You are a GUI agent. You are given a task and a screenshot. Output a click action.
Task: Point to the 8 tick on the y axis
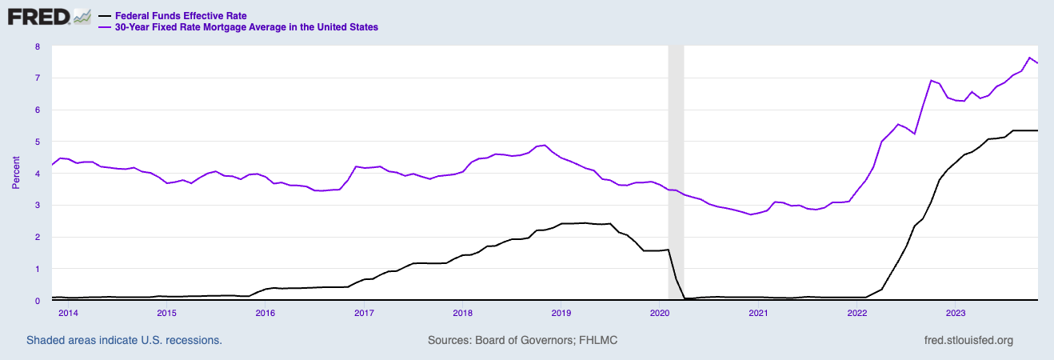(x=37, y=46)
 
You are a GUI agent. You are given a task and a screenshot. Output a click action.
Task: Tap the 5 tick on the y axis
(x=37, y=142)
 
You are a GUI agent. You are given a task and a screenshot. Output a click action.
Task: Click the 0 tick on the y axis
(x=37, y=301)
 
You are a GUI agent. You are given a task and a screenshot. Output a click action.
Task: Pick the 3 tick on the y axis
(x=37, y=206)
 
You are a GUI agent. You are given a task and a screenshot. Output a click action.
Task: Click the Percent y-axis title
(x=16, y=174)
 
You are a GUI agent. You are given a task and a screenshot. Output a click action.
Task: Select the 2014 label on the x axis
(x=67, y=312)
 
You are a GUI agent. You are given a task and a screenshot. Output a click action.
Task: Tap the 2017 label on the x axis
(x=364, y=312)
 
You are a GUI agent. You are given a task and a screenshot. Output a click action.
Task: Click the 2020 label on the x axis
(x=660, y=312)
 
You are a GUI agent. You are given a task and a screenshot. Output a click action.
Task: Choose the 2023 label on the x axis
(x=956, y=312)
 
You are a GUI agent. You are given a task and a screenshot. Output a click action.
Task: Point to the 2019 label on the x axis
(x=561, y=312)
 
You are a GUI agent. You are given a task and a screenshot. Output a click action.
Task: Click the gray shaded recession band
(x=676, y=160)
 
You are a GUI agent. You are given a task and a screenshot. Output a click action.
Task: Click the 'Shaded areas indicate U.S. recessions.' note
(x=124, y=340)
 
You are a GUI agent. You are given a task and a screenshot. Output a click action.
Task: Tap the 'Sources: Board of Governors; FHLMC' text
(x=523, y=340)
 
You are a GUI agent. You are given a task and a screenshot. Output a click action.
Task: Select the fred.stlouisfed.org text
(x=968, y=340)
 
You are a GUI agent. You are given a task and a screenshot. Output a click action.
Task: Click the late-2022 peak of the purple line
(x=931, y=80)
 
